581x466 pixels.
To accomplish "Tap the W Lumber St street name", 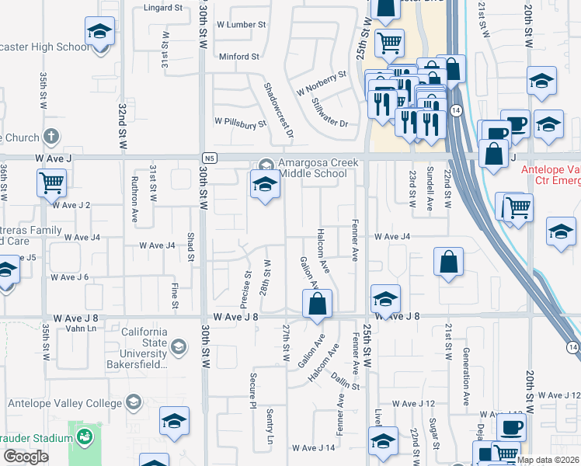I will (241, 25).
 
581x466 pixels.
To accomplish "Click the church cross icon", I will (51, 137).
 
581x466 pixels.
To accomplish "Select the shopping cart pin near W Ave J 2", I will (51, 184).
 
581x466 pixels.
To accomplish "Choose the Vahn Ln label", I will (81, 329).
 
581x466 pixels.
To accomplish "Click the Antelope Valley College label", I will (65, 403).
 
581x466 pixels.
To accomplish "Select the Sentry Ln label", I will (270, 426).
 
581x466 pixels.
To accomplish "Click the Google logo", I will (26, 457).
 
